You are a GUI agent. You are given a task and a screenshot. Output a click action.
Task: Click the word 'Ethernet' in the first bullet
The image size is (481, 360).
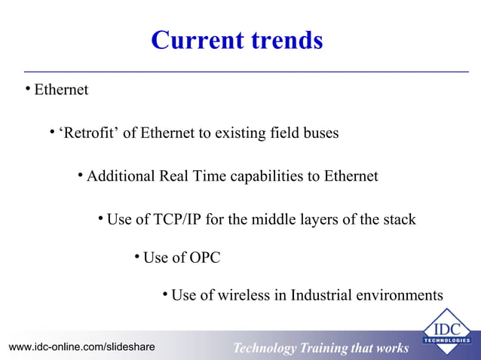(61, 90)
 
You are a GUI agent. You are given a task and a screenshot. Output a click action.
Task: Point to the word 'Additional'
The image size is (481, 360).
(121, 177)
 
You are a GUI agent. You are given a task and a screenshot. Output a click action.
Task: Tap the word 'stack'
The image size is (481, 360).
(398, 220)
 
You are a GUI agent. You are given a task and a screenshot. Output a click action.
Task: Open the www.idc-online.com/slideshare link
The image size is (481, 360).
(81, 347)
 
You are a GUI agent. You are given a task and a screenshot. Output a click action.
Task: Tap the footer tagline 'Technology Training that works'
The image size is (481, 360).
(320, 348)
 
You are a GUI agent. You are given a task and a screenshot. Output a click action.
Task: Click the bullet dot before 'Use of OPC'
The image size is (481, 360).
(136, 257)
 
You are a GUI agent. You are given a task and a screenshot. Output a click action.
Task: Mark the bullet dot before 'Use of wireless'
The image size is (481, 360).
(165, 294)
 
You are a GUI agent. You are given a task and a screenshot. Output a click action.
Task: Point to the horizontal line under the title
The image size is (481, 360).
(241, 72)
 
